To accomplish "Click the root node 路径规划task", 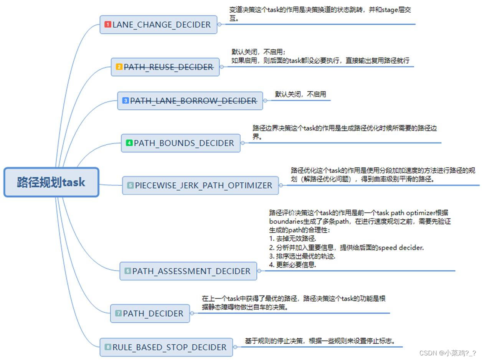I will [51, 182].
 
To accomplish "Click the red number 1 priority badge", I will [108, 25].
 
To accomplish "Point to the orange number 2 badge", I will [119, 67].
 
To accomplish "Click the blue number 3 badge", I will [125, 101].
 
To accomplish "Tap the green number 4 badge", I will [129, 143].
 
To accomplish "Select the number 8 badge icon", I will [108, 347].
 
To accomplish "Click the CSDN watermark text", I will [447, 353].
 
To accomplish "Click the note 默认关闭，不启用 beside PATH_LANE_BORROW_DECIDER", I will [300, 94].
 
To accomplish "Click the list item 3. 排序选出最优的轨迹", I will [302, 256].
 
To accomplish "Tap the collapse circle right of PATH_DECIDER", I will [192, 313].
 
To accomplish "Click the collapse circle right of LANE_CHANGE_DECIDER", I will [220, 24].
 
